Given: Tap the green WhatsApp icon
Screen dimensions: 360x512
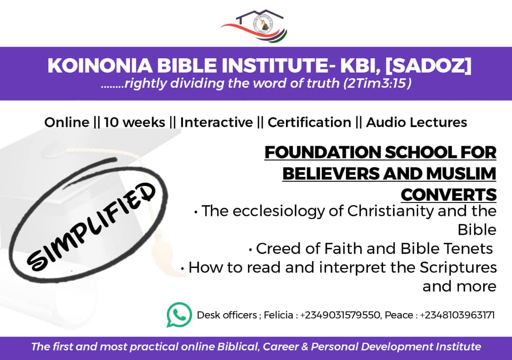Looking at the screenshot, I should pos(179,315).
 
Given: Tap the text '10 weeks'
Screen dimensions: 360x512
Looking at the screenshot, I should pos(134,122).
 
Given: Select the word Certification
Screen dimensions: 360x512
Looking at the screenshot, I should pos(309,122).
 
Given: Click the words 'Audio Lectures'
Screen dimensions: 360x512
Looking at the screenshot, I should pos(416,122).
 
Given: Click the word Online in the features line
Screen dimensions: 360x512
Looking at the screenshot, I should pos(66,122).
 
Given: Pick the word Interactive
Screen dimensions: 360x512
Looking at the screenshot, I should pos(216,122).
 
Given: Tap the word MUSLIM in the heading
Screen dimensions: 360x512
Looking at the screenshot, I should pos(459,174).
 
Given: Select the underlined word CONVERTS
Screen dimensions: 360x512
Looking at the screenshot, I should pos(448,194).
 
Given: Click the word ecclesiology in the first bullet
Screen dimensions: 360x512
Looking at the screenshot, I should pos(280,211).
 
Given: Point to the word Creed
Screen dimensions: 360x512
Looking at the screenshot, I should pos(277,249).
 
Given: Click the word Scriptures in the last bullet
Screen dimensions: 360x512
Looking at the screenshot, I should pos(458,268).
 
